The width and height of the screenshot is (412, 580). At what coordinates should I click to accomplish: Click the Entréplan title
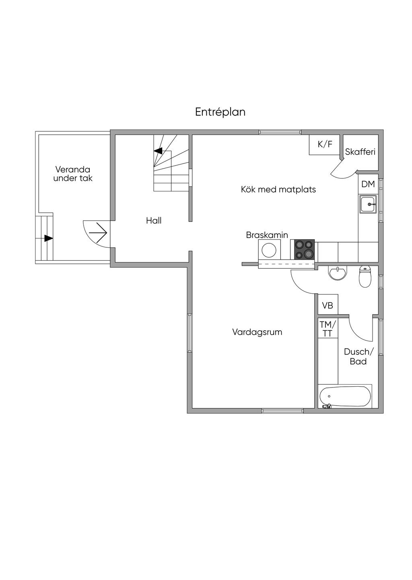click(x=220, y=112)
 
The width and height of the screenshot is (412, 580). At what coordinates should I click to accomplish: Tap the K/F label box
click(x=325, y=145)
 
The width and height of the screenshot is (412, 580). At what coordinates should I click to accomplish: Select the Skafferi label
click(x=360, y=152)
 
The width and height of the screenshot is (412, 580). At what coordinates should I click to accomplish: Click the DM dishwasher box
click(x=368, y=184)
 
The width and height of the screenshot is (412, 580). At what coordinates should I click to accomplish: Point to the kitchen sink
click(x=368, y=204)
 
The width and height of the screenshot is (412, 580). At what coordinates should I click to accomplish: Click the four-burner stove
click(x=304, y=249)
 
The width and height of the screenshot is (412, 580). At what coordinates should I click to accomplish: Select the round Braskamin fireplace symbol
click(x=268, y=250)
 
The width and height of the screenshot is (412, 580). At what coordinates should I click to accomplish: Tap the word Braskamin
click(x=267, y=235)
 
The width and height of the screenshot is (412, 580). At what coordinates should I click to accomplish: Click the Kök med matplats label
click(x=278, y=189)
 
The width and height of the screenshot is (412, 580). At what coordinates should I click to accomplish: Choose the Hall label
click(x=154, y=220)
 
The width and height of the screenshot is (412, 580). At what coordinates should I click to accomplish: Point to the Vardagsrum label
click(x=257, y=332)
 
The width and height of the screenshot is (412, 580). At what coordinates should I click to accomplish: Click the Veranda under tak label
click(x=73, y=174)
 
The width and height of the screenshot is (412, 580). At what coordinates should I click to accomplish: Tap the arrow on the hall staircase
click(x=158, y=151)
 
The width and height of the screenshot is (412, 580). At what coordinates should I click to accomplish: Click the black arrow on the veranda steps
click(x=48, y=238)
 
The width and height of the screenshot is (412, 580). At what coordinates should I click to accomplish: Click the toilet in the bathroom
click(x=365, y=277)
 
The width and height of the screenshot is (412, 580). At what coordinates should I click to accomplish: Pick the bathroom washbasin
click(x=337, y=273)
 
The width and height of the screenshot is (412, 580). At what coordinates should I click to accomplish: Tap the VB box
click(x=328, y=306)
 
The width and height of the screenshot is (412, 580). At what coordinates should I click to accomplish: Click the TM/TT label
click(x=328, y=329)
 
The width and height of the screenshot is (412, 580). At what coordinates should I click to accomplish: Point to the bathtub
click(x=345, y=396)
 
